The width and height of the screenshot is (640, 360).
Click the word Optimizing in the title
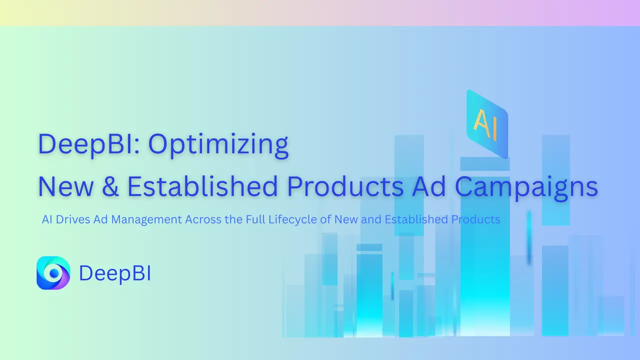pyautogui.click(x=218, y=144)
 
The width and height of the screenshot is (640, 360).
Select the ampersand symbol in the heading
pyautogui.click(x=113, y=186)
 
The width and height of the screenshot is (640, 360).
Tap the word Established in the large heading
pyautogui.click(x=202, y=186)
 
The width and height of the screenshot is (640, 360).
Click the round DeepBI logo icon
pyautogui.click(x=53, y=273)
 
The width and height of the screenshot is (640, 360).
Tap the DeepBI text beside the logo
pyautogui.click(x=115, y=273)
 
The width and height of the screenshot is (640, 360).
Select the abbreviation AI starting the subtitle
pyautogui.click(x=47, y=219)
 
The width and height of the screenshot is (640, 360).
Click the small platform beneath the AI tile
pyautogui.click(x=484, y=163)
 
